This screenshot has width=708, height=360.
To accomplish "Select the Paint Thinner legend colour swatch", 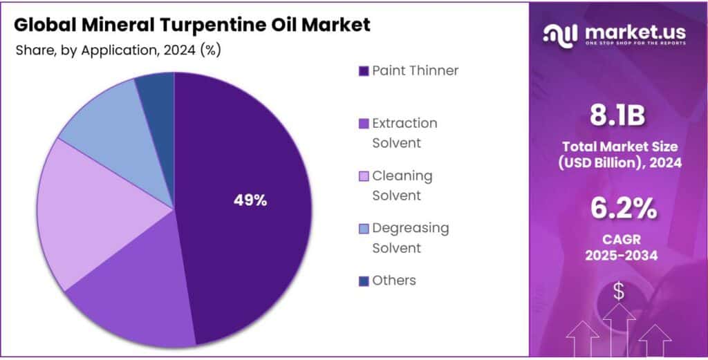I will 363,71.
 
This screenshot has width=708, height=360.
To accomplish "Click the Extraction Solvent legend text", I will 404,133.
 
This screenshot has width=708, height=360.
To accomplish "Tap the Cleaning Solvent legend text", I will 402,185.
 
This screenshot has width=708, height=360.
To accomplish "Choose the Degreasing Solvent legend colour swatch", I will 363,228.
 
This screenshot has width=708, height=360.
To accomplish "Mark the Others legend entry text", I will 394,281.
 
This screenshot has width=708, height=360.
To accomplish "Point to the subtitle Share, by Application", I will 83,50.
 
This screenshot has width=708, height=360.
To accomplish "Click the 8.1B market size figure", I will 618,115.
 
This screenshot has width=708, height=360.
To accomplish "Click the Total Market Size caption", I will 618,154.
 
